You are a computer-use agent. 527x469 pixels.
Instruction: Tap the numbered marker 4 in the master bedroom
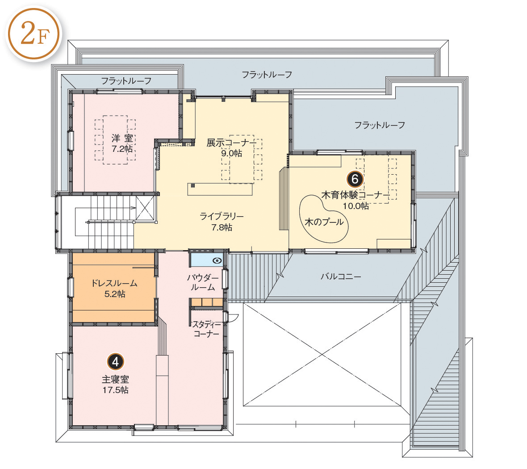click(x=116, y=362)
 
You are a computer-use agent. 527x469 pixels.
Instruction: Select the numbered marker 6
click(x=355, y=179)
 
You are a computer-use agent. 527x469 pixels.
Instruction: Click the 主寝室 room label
click(x=116, y=380)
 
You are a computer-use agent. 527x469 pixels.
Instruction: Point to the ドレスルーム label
click(x=115, y=283)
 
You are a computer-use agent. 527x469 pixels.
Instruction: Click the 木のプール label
click(x=324, y=222)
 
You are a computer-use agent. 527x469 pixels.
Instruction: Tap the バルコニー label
click(x=340, y=276)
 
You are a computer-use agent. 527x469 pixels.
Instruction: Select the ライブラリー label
click(x=222, y=216)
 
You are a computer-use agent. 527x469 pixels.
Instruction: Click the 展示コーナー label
click(x=232, y=143)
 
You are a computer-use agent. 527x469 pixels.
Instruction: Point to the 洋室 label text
click(x=122, y=138)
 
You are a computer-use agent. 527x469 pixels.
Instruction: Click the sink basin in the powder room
click(x=217, y=260)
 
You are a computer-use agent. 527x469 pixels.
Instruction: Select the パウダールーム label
click(x=203, y=282)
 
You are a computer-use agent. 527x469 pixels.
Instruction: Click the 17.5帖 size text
click(x=116, y=390)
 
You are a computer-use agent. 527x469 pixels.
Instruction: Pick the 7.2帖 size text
click(x=122, y=149)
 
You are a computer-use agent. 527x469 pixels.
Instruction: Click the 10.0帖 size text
click(x=356, y=206)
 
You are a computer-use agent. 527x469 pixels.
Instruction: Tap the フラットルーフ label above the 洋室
click(x=126, y=81)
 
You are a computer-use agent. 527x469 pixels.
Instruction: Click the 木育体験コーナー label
click(x=356, y=195)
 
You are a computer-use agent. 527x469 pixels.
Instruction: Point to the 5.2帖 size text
click(x=115, y=294)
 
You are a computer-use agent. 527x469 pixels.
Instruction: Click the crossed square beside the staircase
click(x=145, y=208)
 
